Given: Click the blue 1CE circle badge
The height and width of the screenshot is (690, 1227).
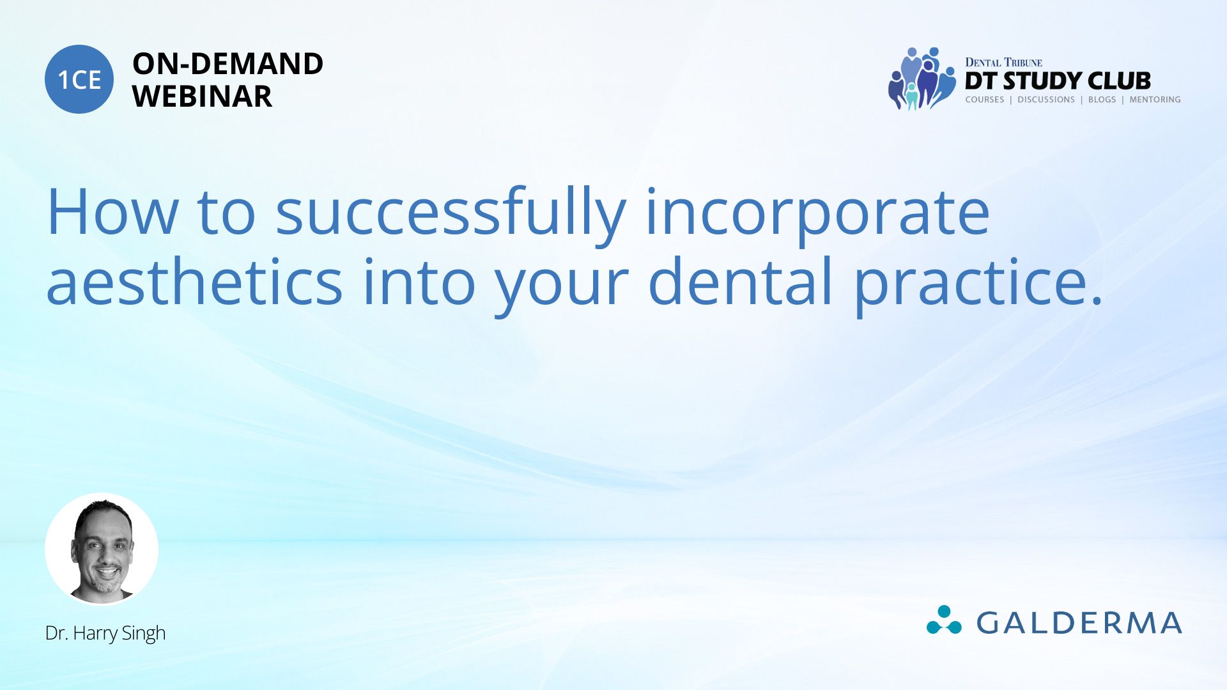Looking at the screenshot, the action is coord(79,79).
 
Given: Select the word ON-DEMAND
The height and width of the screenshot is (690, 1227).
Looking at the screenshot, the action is coord(228,64).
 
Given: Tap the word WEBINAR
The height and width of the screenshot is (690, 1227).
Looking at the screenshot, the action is coord(202,96).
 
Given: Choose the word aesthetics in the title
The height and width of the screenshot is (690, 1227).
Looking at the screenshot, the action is coord(194,282).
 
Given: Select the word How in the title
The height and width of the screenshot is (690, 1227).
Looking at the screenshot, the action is coord(112,212).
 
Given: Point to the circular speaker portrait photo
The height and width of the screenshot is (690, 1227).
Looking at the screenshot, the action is coord(102,549).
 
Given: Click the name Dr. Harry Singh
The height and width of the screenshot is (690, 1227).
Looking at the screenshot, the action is coord(105,633).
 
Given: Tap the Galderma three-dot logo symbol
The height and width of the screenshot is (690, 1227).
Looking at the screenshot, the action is coord(944,620).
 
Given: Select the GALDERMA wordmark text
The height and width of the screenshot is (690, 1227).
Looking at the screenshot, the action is coord(1079,623).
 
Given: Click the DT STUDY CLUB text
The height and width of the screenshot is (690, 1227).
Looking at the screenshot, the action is coord(1058,81).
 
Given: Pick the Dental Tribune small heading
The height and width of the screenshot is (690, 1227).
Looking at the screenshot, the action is coord(1003,63).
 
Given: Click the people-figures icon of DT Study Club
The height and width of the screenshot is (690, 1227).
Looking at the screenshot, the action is coord(921,79).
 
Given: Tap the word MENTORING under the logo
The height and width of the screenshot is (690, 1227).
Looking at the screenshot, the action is coord(1155,100).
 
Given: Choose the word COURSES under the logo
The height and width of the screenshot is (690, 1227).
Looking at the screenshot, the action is coord(984,100).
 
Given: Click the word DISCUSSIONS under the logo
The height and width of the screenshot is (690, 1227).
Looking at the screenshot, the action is coord(1046,100).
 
